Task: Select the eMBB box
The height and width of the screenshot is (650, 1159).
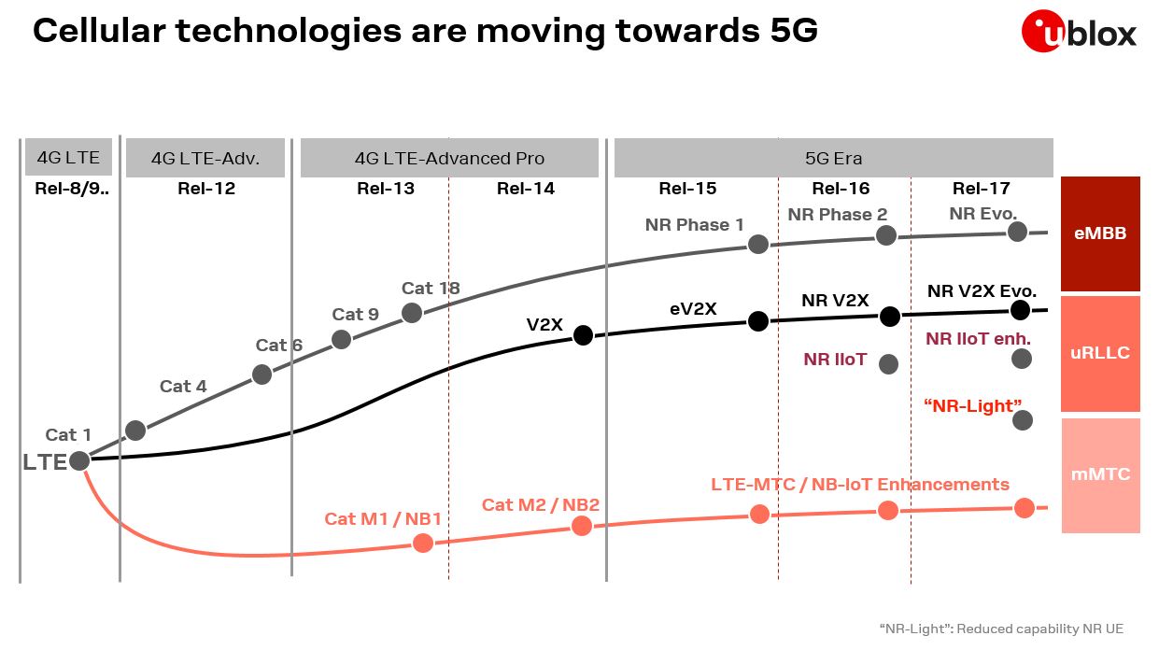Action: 1100,233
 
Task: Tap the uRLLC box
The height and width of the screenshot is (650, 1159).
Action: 1100,353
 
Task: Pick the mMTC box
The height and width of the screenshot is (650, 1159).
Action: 1100,474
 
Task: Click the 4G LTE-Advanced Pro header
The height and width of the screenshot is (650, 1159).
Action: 449,158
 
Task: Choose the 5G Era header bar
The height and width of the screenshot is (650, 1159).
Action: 833,158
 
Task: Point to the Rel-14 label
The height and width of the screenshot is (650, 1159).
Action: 526,189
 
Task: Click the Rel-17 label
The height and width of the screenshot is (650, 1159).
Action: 982,189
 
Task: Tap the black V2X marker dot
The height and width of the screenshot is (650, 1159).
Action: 583,334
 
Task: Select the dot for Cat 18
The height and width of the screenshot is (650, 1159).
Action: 412,313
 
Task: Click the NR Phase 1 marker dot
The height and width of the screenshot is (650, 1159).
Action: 758,244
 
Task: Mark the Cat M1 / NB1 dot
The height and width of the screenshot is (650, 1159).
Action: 423,543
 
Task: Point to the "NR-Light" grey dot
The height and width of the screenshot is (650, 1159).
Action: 1023,420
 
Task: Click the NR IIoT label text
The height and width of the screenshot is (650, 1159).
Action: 835,360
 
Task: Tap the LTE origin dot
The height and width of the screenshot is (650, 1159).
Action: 79,460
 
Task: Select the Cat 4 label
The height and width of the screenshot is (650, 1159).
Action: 183,386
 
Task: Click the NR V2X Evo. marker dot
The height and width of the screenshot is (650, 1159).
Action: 1021,309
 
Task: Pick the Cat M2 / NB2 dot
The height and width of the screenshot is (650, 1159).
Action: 582,526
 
